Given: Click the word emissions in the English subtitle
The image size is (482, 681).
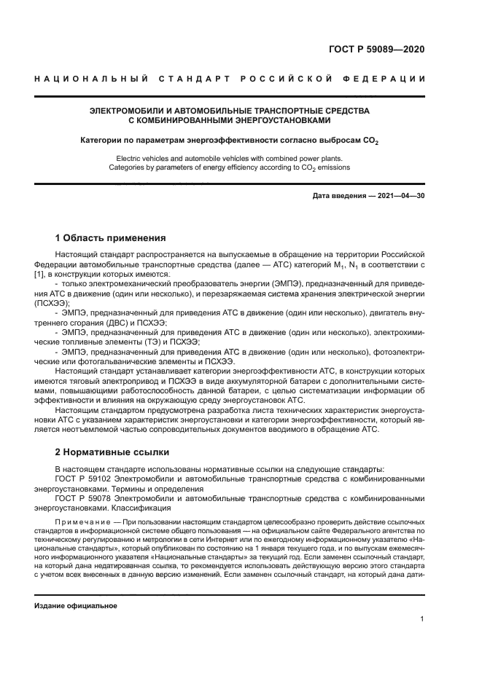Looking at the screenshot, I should point(332,167).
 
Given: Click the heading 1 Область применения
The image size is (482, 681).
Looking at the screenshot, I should point(111,238).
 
